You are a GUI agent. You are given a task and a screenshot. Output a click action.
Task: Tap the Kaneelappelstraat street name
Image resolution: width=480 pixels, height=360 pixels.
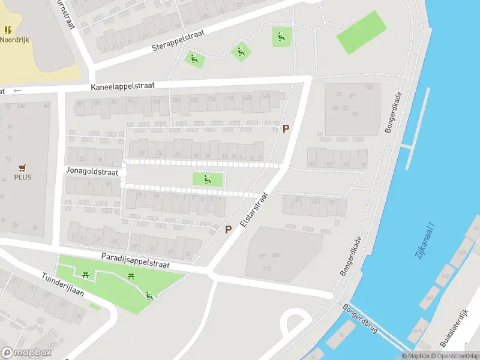pos(123,86)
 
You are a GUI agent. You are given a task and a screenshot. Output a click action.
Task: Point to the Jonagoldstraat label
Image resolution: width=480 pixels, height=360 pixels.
pos(92,172)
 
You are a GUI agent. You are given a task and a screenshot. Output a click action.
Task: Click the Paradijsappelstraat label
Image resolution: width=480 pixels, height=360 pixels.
pos(135,261)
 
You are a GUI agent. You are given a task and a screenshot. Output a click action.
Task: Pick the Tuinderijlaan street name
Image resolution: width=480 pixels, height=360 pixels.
pos(62,287)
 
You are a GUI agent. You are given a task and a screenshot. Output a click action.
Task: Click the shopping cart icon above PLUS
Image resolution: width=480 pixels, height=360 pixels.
pos(23,167)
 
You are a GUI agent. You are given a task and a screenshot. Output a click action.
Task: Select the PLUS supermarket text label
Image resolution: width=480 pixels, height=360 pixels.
pos(23,177)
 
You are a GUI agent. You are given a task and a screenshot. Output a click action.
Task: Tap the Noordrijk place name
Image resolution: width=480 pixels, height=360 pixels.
pos(14,40)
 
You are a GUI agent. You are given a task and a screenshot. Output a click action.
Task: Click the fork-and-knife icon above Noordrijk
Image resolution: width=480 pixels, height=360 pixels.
pos(8,30)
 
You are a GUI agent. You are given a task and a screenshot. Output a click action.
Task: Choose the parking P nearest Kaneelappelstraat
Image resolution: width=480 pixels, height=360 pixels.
pos(286,128)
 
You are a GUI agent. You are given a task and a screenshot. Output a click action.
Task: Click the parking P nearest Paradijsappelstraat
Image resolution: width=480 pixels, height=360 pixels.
pos(228,229)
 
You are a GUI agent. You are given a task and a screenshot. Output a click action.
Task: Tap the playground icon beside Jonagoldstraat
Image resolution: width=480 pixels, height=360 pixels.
pos(207,179)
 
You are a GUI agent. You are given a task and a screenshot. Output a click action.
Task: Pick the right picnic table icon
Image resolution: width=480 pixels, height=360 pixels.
pos(131,276)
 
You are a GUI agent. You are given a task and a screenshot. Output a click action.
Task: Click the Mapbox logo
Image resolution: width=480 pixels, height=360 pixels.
pos(26,353)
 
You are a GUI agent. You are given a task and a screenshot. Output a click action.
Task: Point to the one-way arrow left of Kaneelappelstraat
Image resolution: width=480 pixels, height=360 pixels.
pos(17,91)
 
